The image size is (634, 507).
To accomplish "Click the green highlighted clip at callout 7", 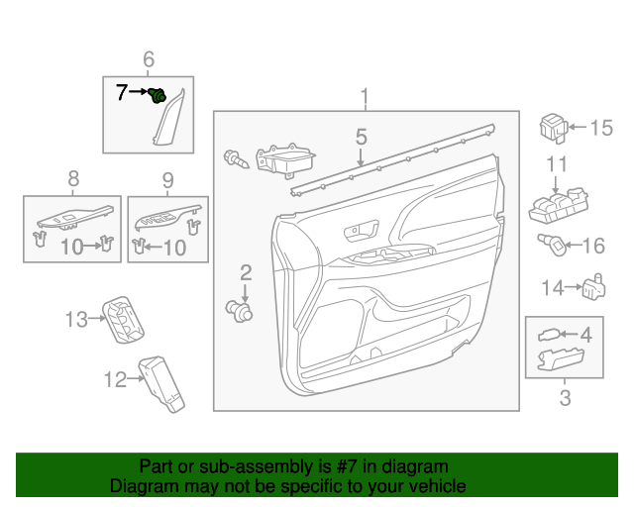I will tap(157, 95).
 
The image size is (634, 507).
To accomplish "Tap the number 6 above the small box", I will tap(149, 60).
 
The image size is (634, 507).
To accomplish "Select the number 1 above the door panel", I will tap(365, 96).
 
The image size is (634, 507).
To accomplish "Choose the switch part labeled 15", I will tap(552, 127).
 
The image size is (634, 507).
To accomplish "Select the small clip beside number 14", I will tap(593, 286).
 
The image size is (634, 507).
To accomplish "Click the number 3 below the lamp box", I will tap(565, 399).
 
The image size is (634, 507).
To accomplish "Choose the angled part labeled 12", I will tap(161, 381).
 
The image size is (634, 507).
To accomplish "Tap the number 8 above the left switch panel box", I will tap(72, 179).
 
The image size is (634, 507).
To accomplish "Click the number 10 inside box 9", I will tap(173, 248).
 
